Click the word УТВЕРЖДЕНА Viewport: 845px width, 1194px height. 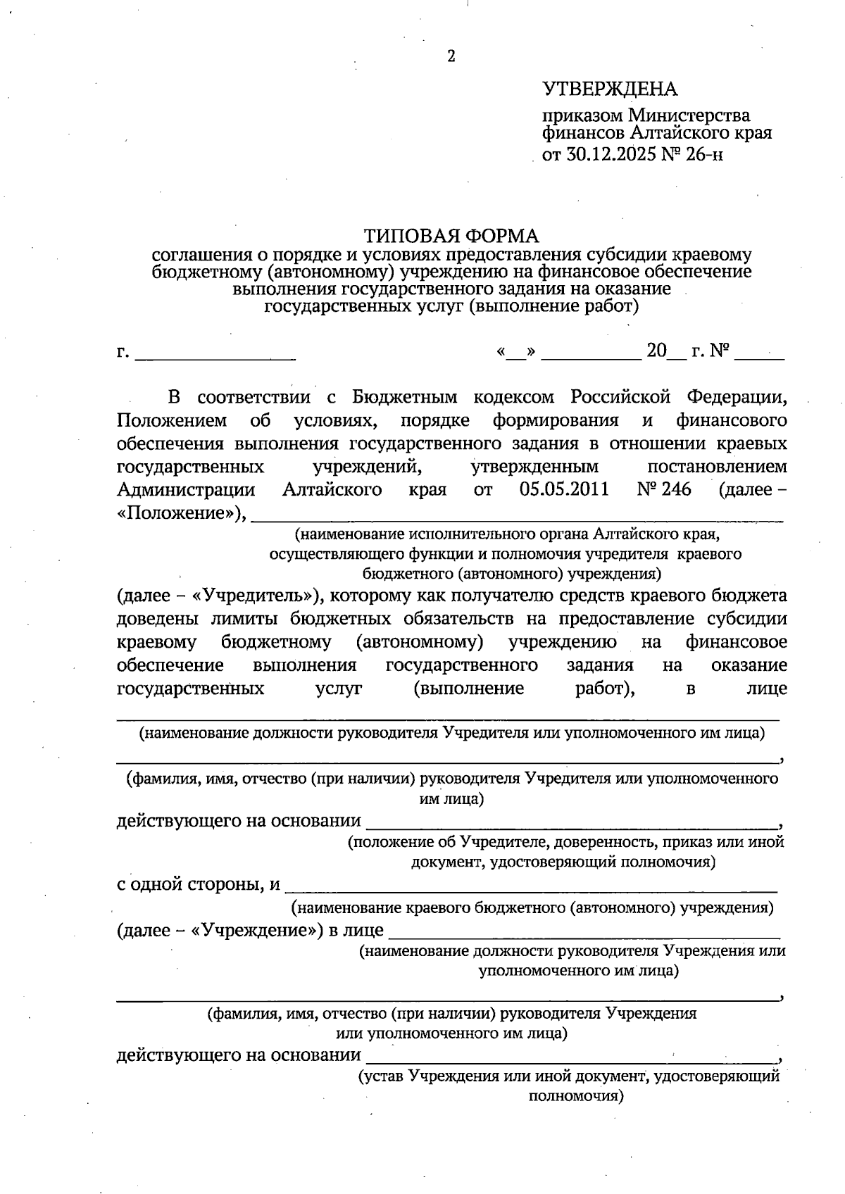pyautogui.click(x=609, y=89)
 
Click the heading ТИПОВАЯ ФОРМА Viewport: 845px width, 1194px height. pyautogui.click(x=451, y=235)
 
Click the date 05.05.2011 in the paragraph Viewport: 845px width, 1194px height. pyautogui.click(x=564, y=489)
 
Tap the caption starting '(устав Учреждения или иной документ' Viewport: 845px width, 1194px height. pyautogui.click(x=569, y=1076)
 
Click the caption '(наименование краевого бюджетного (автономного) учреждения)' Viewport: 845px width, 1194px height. pyautogui.click(x=533, y=908)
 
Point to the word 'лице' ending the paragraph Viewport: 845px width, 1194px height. pyautogui.click(x=767, y=689)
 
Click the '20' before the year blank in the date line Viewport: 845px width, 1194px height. pyautogui.click(x=656, y=351)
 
